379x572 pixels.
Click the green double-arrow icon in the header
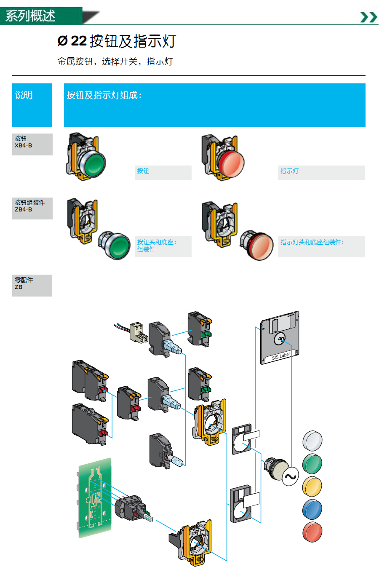pos(368,17)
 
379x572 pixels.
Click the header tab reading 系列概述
pos(30,16)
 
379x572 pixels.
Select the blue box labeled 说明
pos(32,105)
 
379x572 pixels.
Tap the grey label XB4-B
pos(32,144)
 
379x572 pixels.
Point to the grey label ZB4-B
pos(32,208)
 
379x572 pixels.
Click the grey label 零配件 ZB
pos(32,285)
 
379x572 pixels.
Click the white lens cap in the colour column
pos(312,441)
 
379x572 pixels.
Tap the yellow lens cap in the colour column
pos(312,486)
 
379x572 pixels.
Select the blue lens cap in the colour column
pos(312,509)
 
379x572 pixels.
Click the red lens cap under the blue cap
pos(312,532)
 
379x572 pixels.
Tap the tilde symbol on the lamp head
pos(290,477)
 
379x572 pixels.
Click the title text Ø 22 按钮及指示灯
pos(117,41)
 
